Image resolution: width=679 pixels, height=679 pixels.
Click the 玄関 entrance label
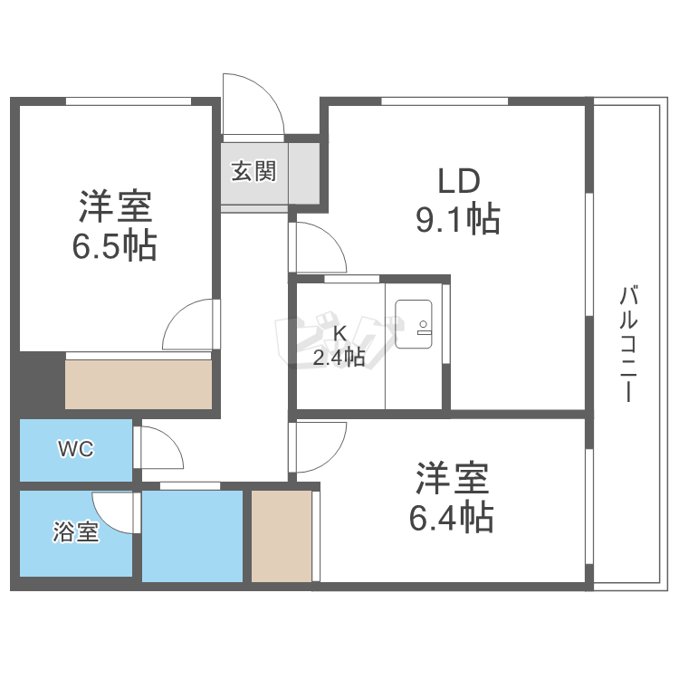coord(253,171)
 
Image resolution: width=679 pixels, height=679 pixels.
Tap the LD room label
coord(459,180)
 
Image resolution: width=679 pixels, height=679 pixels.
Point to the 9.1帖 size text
coord(458,219)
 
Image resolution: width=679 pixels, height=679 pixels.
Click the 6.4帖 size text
coord(452,516)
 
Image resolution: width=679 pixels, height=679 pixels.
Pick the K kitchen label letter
coord(339,334)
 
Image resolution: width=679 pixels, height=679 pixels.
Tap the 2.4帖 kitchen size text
coord(339,358)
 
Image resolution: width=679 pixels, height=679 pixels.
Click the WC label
coord(76,449)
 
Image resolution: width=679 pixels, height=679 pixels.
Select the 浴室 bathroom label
coord(76,531)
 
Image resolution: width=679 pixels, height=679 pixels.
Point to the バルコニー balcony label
coord(629,344)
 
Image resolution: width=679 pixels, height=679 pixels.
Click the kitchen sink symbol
coord(414,324)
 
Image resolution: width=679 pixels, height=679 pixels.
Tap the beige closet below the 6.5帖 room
coord(139,384)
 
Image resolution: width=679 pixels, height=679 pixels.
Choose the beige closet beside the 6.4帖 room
coord(282,536)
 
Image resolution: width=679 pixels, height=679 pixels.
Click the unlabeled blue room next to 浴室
coord(192,536)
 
